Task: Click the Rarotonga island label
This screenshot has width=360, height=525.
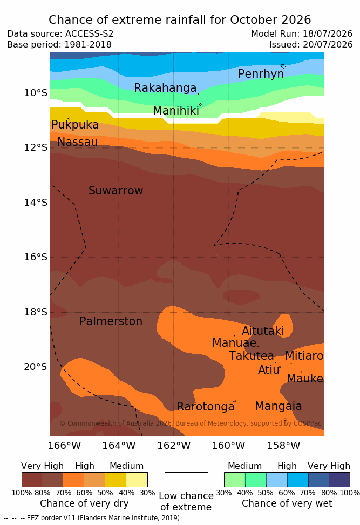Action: (x=206, y=407)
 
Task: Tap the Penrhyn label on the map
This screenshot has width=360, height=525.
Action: (x=261, y=74)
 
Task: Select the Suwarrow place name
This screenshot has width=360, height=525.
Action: (x=116, y=191)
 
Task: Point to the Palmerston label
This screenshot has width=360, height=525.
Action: (x=111, y=321)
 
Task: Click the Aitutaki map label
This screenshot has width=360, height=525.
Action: (x=263, y=331)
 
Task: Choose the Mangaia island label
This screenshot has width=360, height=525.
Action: (x=279, y=407)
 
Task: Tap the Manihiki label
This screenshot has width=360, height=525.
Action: (x=176, y=111)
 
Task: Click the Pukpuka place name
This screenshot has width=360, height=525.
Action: (x=75, y=125)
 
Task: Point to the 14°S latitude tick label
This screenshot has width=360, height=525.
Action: (x=36, y=202)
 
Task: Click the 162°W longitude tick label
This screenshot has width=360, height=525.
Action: (x=174, y=446)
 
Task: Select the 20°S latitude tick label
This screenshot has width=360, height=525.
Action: (x=36, y=367)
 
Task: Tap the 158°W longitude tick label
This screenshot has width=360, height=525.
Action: (x=283, y=446)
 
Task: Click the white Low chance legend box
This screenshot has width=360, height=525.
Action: (x=186, y=480)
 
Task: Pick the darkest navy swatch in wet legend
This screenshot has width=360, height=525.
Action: (x=339, y=480)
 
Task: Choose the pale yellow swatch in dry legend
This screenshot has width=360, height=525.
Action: (x=137, y=480)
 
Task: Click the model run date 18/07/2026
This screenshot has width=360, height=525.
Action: (x=328, y=34)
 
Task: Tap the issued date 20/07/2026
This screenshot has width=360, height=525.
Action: (x=328, y=44)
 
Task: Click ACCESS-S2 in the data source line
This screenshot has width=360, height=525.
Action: (x=90, y=34)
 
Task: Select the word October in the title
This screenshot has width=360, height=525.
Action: (x=254, y=20)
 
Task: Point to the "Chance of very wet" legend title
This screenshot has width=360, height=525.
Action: (x=287, y=503)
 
